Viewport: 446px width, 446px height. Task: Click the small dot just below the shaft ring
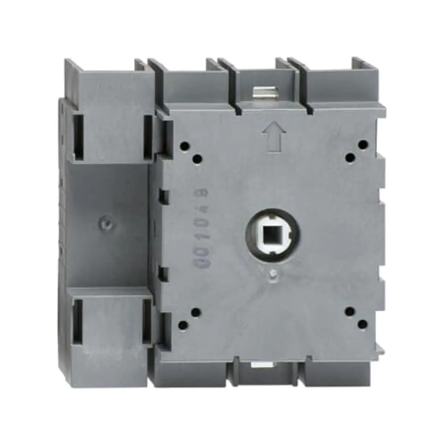tap(272, 274)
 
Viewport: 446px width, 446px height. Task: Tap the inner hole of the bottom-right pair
tap(349, 311)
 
